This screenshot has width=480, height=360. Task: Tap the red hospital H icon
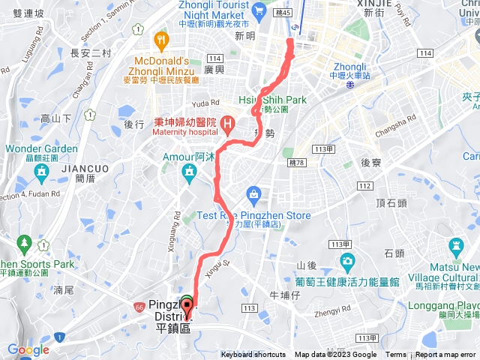(x=228, y=121)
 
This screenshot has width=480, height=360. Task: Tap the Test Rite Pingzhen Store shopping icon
(x=253, y=196)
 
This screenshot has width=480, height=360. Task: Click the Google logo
(x=28, y=349)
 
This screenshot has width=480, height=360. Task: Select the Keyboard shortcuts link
(x=253, y=355)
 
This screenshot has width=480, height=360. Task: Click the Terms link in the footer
(x=395, y=355)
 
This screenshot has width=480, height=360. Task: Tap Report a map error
(x=446, y=355)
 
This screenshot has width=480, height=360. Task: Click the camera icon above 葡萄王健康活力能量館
(x=346, y=262)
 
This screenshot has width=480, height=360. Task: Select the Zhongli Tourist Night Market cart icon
(x=259, y=10)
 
